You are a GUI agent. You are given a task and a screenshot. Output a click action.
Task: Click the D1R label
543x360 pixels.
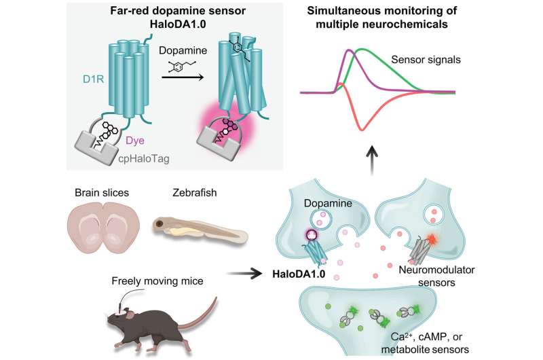click(93, 79)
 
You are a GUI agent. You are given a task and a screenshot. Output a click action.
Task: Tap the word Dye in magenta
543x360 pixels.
click(134, 141)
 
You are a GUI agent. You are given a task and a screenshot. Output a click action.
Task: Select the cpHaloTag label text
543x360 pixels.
click(144, 159)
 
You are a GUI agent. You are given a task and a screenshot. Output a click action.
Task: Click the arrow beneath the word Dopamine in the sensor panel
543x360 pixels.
click(183, 77)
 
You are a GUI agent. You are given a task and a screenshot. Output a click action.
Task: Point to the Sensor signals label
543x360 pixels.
click(426, 60)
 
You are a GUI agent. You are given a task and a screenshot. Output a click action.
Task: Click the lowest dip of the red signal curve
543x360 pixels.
click(362, 130)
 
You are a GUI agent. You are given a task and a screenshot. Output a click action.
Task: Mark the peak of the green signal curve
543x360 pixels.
click(362, 49)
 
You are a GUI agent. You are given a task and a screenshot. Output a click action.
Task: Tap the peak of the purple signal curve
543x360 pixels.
click(349, 50)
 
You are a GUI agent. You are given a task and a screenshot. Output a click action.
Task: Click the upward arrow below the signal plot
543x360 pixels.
click(372, 160)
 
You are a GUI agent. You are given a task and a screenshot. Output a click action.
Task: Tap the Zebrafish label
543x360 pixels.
click(195, 192)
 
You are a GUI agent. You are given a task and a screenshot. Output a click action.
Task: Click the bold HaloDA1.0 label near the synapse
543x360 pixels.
click(299, 274)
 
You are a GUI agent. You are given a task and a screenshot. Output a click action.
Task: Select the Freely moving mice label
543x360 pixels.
click(157, 281)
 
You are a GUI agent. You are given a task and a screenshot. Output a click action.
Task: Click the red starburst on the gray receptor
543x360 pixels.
click(431, 238)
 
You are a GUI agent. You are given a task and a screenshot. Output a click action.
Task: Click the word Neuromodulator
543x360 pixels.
click(436, 270)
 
